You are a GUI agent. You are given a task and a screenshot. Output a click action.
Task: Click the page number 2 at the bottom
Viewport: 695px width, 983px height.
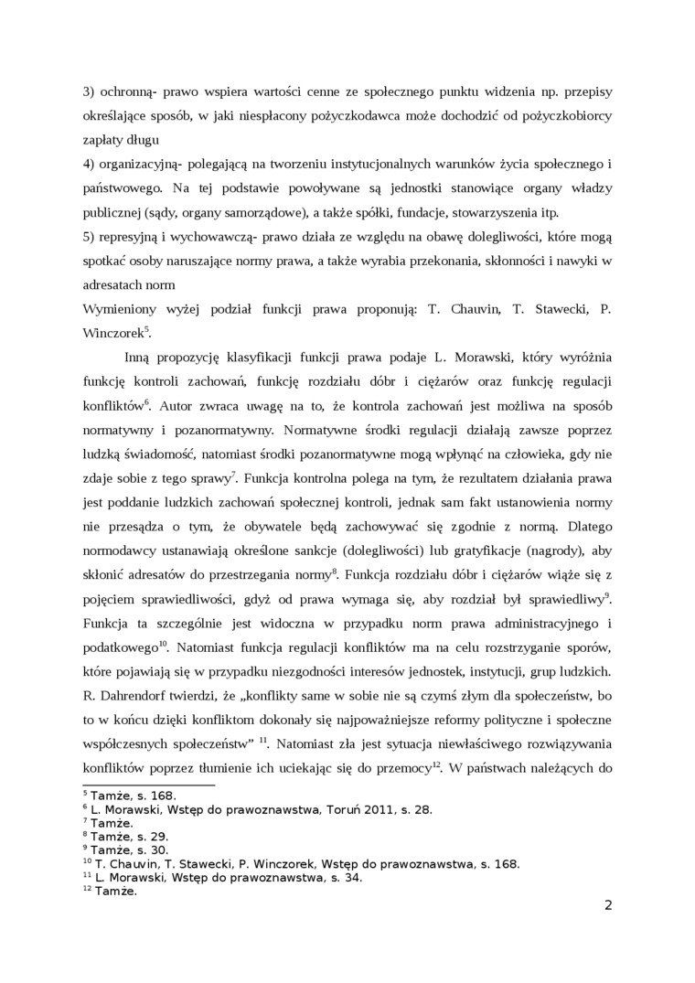608,906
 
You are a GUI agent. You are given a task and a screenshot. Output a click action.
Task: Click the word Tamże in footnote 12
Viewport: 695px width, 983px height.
115,891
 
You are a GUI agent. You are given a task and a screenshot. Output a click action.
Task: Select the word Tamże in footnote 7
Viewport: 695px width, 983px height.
112,822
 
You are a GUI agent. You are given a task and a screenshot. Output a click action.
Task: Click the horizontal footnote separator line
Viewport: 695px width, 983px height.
148,784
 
